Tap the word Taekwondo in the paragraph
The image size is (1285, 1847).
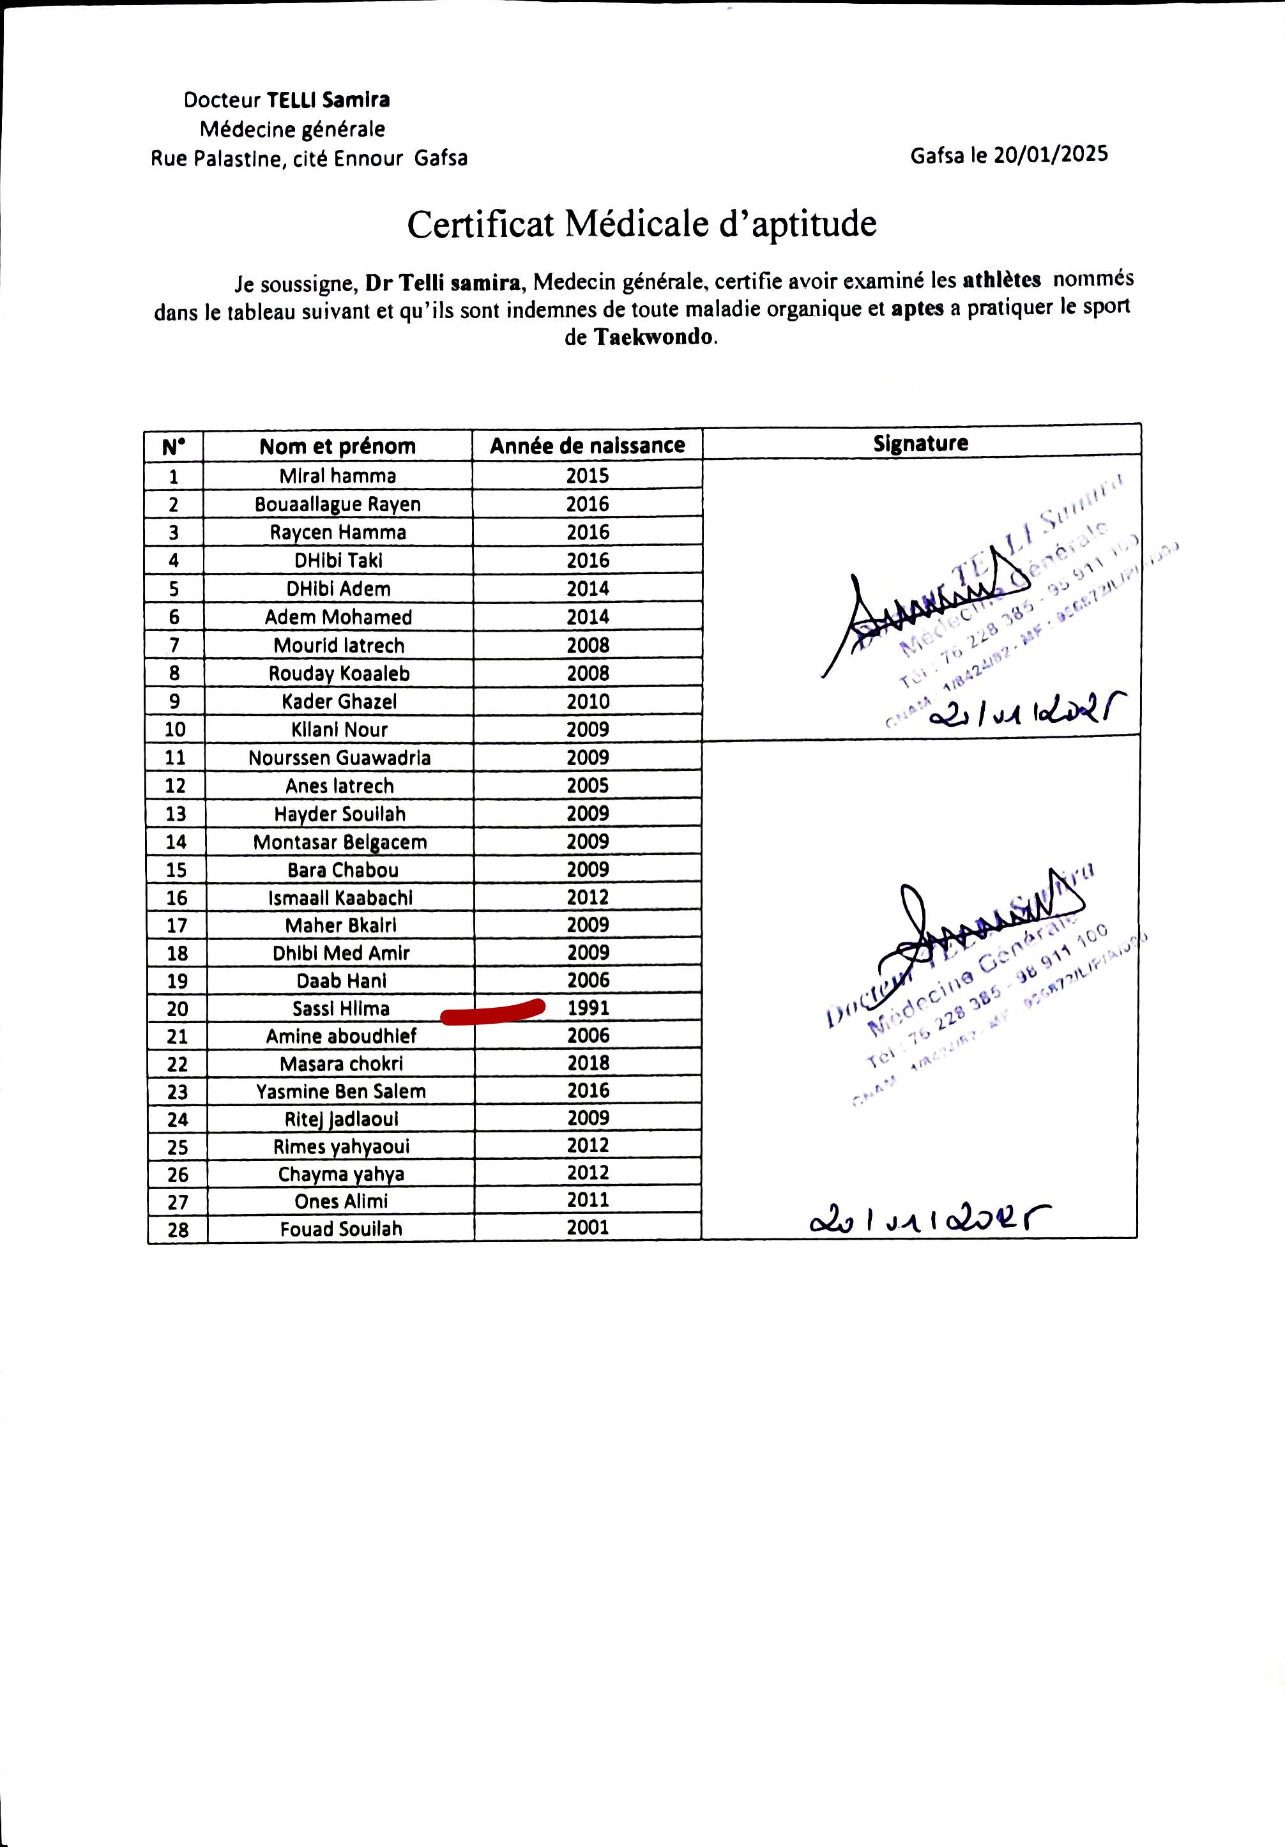click(653, 337)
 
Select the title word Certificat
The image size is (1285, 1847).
click(480, 224)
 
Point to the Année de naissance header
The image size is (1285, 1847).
click(588, 446)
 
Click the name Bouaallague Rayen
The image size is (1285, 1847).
click(338, 505)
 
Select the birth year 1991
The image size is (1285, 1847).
click(588, 1008)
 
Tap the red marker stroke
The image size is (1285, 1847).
click(492, 1012)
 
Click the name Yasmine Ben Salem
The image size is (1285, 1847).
click(341, 1091)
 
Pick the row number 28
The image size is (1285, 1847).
click(178, 1229)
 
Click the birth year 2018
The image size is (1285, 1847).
click(588, 1063)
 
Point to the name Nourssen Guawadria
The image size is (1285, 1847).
click(340, 758)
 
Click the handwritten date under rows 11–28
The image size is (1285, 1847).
click(929, 1221)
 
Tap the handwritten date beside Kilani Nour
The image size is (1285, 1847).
click(1026, 710)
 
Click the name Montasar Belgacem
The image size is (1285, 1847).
click(340, 842)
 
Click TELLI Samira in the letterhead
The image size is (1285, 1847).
click(328, 100)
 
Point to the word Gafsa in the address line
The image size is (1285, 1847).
click(441, 158)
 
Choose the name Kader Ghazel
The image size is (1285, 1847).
click(340, 701)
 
